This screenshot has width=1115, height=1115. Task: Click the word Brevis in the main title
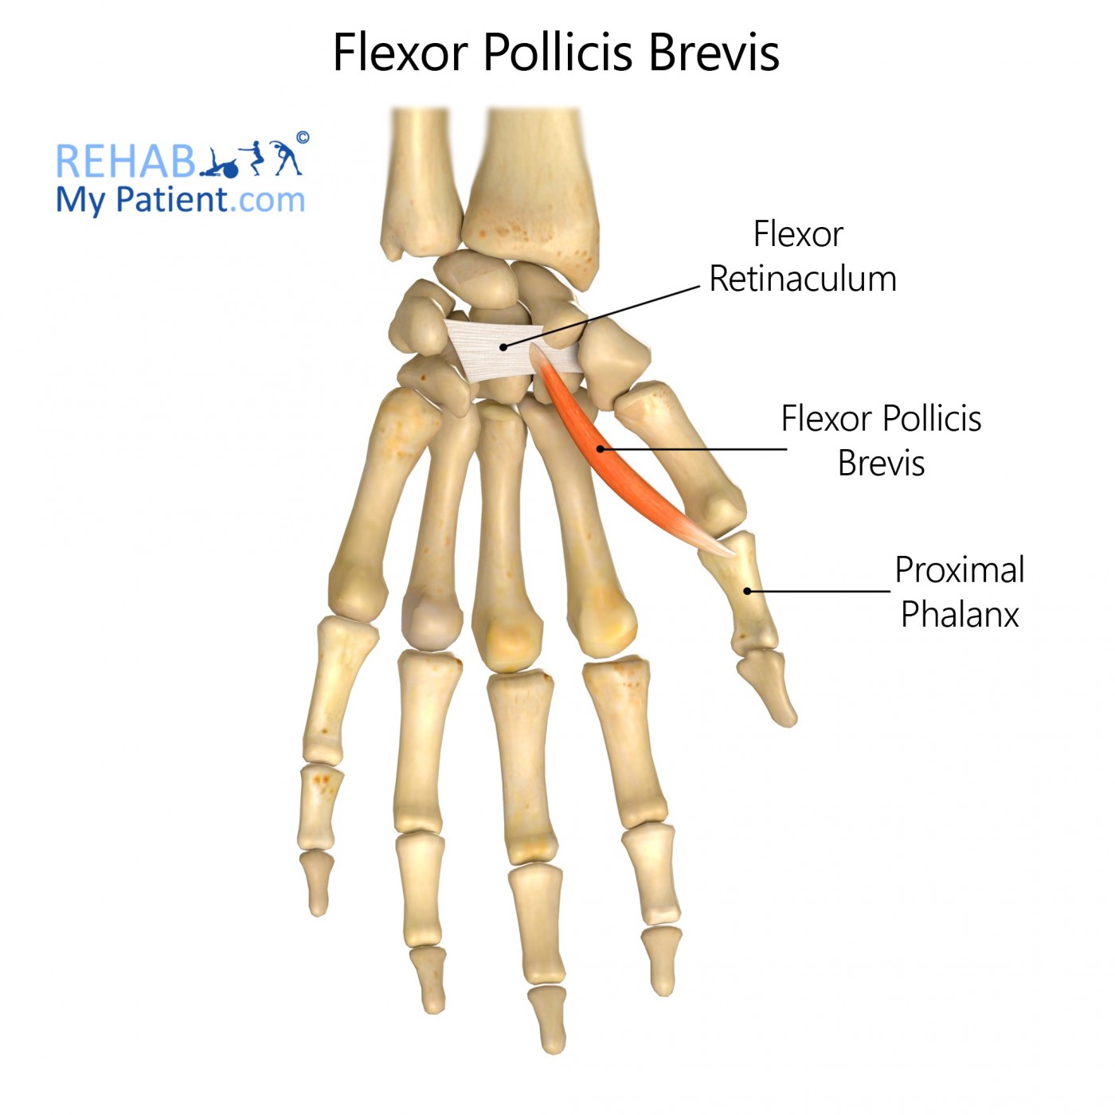tap(714, 53)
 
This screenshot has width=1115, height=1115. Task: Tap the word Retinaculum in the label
tap(803, 279)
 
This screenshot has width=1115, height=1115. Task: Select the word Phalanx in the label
tap(960, 614)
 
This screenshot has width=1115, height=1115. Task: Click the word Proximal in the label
tap(960, 570)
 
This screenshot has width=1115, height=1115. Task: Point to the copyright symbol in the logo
tap(302, 137)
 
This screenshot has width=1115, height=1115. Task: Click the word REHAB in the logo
tap(125, 161)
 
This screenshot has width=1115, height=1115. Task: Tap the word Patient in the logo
tap(172, 201)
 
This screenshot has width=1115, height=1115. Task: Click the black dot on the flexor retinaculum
tap(503, 347)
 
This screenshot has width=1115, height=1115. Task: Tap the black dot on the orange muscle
tap(600, 448)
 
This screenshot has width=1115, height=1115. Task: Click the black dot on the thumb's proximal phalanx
tap(747, 591)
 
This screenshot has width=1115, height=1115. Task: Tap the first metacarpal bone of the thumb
tap(680, 457)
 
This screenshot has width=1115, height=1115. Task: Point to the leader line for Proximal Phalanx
tap(818, 591)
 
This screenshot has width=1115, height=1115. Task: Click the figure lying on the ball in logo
tap(219, 164)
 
